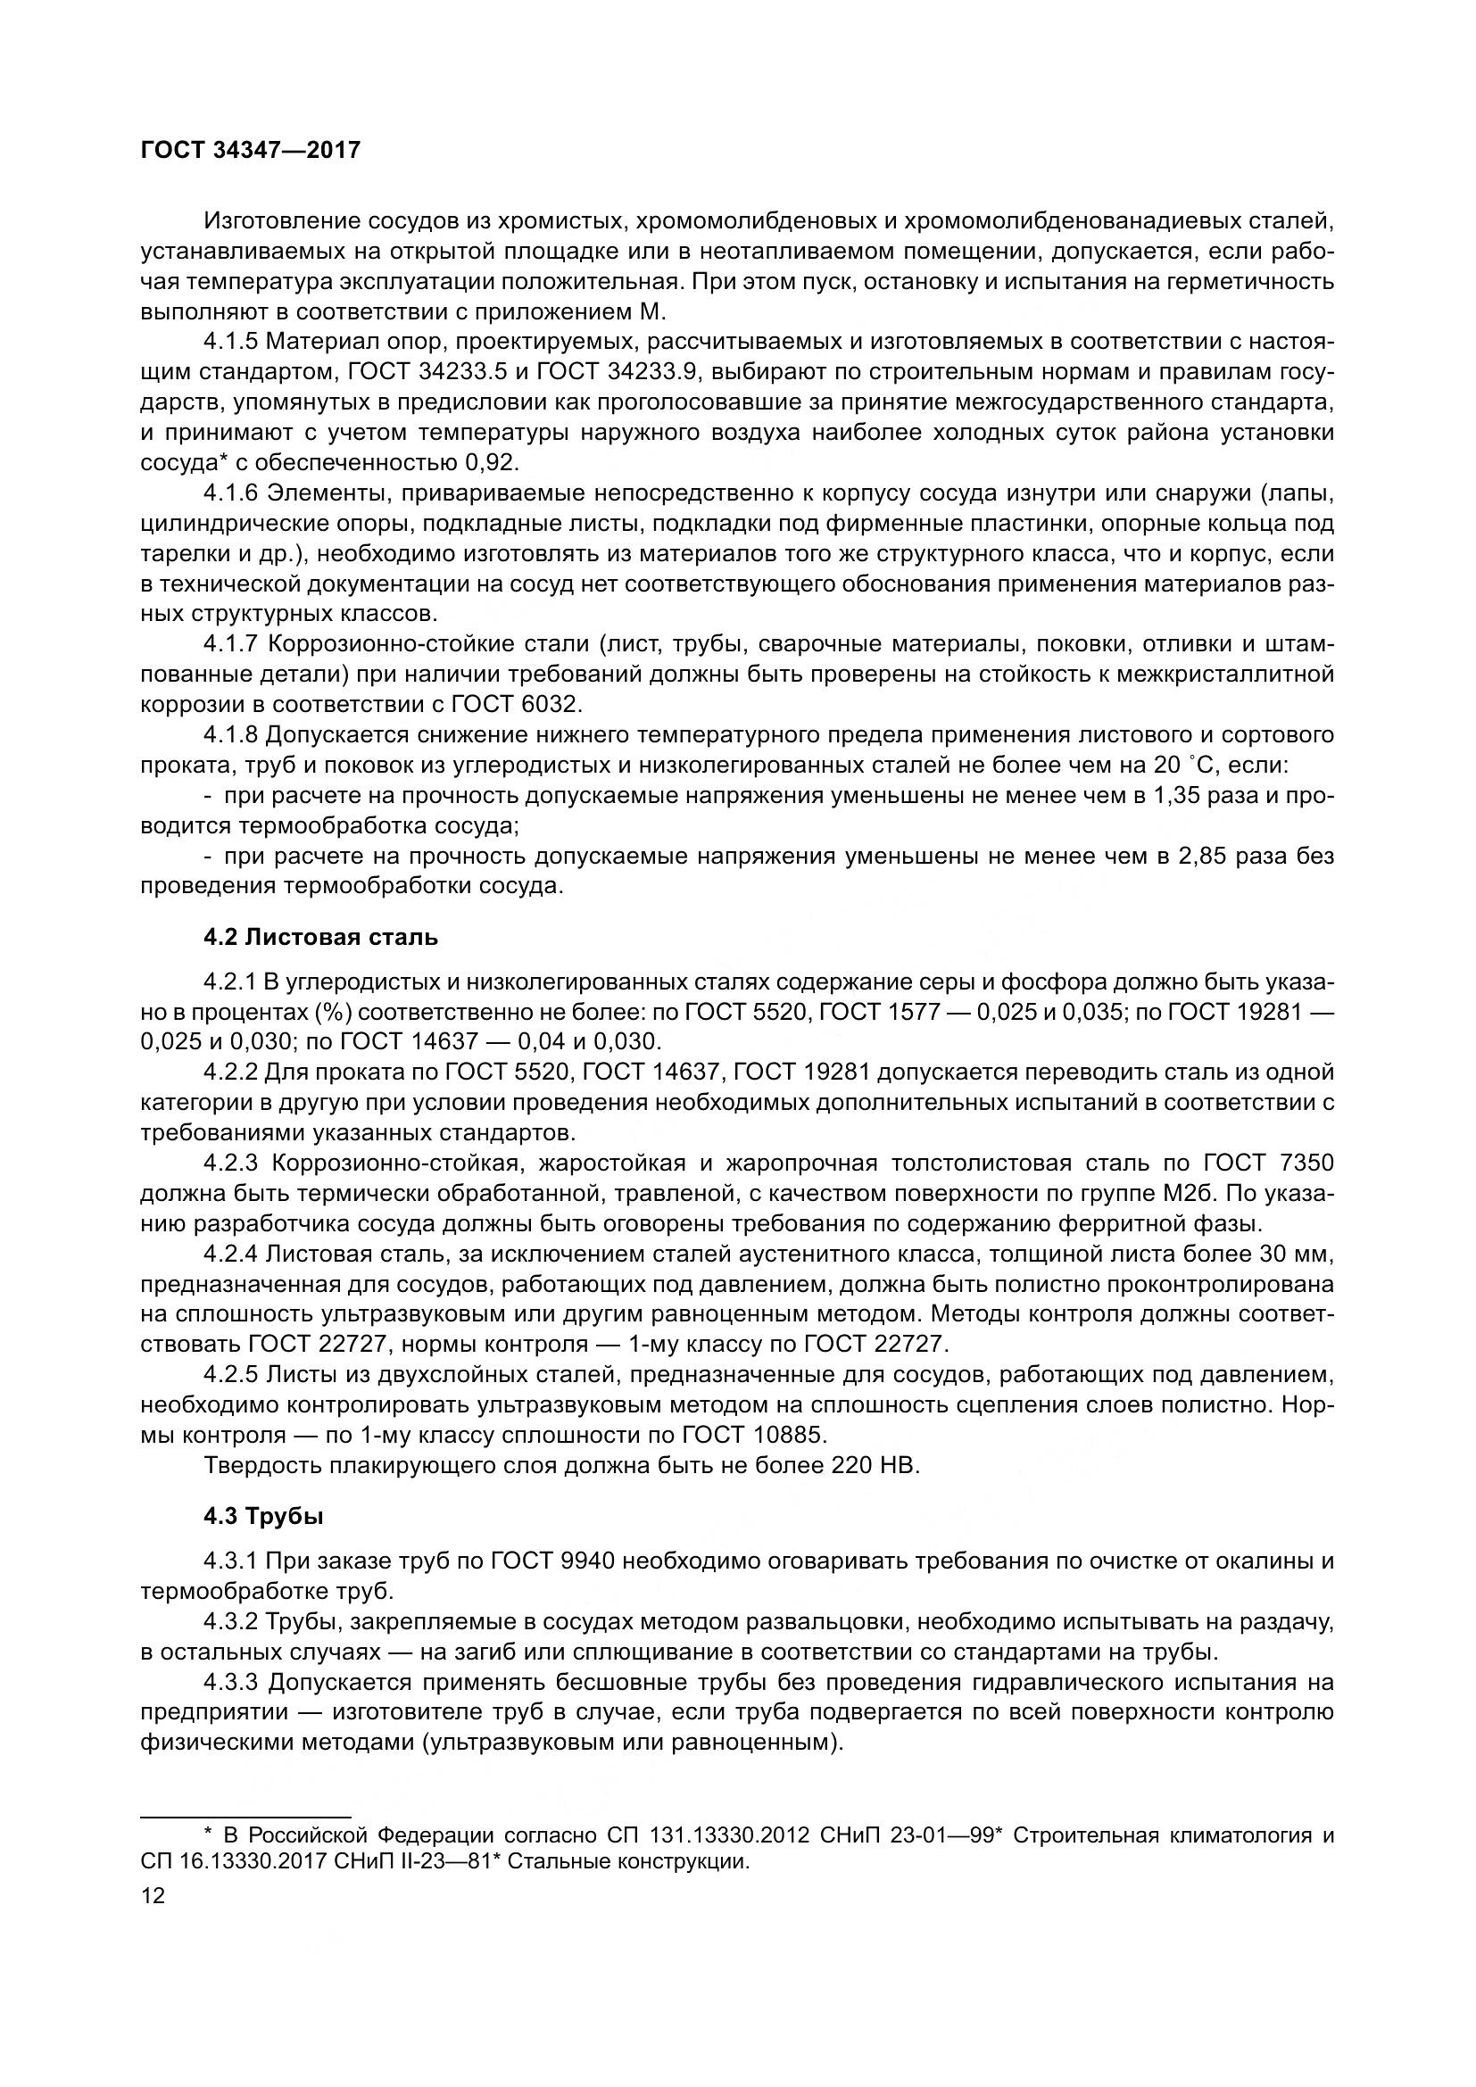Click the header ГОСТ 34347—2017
click(251, 150)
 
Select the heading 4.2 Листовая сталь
click(320, 937)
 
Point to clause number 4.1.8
click(232, 734)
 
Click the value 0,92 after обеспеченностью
click(491, 463)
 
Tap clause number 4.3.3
click(232, 1683)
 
